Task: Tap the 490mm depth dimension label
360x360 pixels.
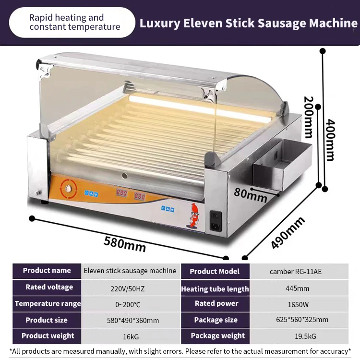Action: (288, 232)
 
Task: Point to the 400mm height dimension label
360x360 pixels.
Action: (330, 140)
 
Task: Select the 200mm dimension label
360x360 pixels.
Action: (309, 116)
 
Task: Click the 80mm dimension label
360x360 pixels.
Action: (251, 194)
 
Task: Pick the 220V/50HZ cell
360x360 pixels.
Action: (130, 288)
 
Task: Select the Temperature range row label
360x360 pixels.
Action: (48, 304)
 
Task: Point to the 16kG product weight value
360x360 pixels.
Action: (130, 336)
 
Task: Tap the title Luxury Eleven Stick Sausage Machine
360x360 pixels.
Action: (248, 23)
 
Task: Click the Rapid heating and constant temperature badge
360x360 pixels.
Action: (72, 22)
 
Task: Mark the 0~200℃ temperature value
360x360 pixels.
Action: (130, 304)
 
